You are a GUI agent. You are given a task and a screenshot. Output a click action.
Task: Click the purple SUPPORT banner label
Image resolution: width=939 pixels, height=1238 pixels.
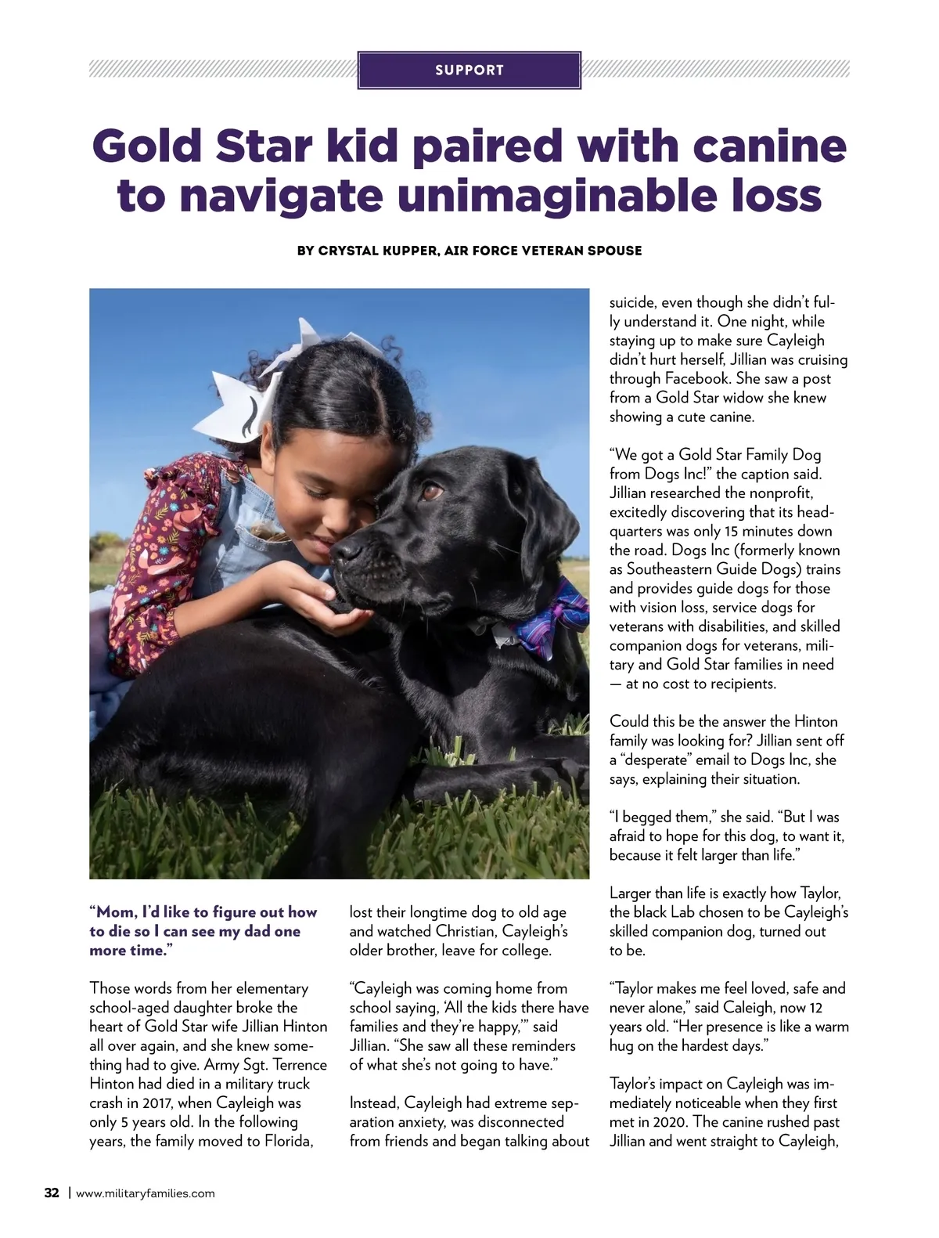[469, 70]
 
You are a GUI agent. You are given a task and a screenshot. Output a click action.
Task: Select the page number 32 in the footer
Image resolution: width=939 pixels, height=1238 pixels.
[52, 1193]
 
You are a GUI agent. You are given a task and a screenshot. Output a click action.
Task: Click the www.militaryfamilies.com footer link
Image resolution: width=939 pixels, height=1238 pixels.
[145, 1193]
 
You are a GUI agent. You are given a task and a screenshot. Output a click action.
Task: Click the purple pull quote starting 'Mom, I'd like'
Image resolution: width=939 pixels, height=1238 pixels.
[203, 931]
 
